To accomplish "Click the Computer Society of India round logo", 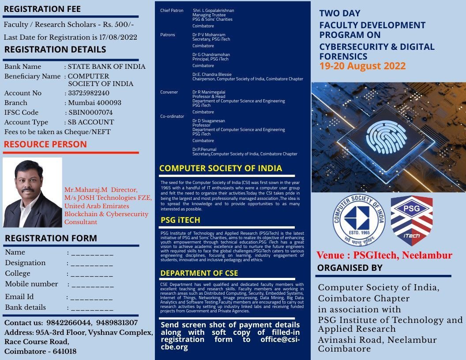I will [x=358, y=219].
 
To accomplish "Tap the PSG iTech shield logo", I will [x=411, y=221].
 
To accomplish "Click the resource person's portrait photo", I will [x=32, y=192].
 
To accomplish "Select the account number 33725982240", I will [x=89, y=93].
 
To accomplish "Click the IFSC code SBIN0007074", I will [x=90, y=112].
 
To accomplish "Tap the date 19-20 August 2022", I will [x=362, y=67].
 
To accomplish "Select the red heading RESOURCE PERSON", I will [x=45, y=144].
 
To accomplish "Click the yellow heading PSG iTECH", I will [x=180, y=220].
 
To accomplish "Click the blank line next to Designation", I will [x=92, y=263].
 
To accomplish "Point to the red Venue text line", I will [x=384, y=255].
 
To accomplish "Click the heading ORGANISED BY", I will [x=349, y=268].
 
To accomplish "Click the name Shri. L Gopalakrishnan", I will [x=214, y=11].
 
